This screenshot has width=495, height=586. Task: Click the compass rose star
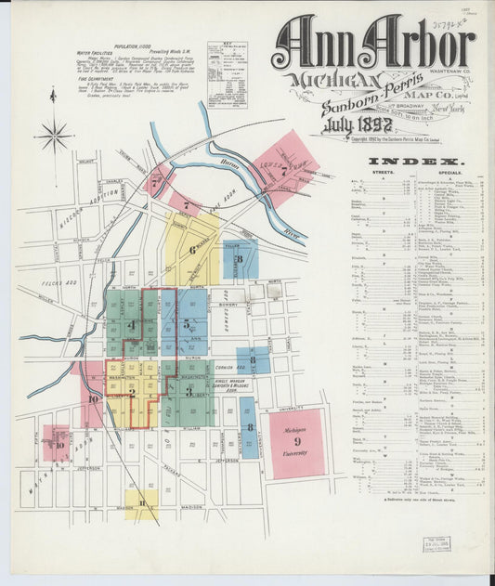pyautogui.click(x=54, y=136)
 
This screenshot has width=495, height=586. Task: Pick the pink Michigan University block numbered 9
pyautogui.click(x=297, y=443)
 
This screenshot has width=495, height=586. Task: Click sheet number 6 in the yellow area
pyautogui.click(x=192, y=249)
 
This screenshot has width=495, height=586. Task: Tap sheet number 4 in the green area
pyautogui.click(x=132, y=325)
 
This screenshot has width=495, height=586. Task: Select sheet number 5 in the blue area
pyautogui.click(x=188, y=325)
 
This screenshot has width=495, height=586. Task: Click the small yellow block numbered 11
pyautogui.click(x=141, y=504)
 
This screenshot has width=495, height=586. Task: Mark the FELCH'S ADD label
pyautogui.click(x=55, y=280)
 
